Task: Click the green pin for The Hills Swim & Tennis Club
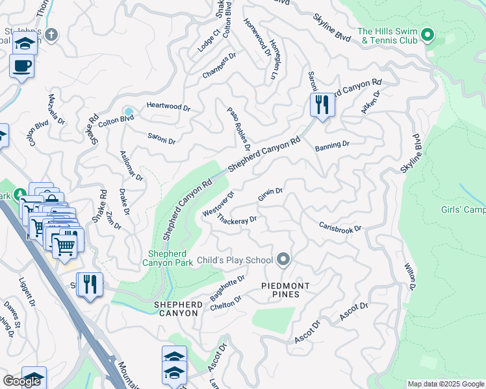[428, 34]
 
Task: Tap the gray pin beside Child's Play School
[283, 259]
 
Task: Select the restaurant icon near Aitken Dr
[322, 104]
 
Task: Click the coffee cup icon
[22, 65]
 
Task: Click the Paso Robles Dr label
[237, 128]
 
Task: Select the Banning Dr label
[332, 146]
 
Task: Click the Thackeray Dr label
[237, 220]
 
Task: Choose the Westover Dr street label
[218, 204]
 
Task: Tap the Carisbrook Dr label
[340, 228]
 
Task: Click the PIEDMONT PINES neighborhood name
[280, 290]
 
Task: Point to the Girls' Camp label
[463, 209]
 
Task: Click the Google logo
[21, 381]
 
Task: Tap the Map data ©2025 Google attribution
[445, 384]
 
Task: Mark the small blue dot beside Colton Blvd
[129, 112]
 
